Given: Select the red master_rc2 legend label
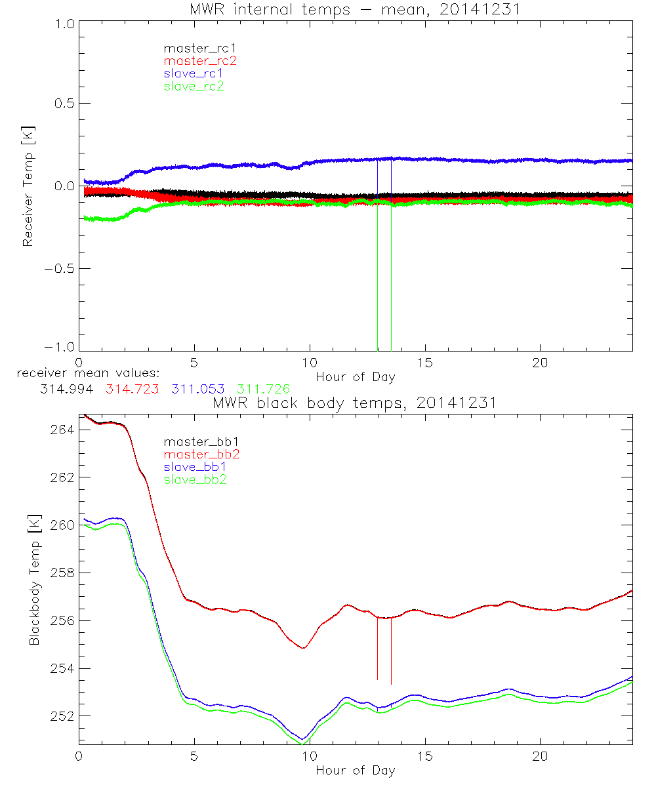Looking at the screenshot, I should pyautogui.click(x=200, y=60).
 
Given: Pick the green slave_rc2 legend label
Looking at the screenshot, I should pyautogui.click(x=194, y=86).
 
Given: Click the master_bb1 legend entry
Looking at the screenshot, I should pyautogui.click(x=195, y=441).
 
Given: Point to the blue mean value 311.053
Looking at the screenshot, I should pyautogui.click(x=198, y=389).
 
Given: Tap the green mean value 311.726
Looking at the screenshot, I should pyautogui.click(x=264, y=389).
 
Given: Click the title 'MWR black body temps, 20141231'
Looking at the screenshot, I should pyautogui.click(x=355, y=402).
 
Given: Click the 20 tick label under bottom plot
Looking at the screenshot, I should pyautogui.click(x=540, y=757).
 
